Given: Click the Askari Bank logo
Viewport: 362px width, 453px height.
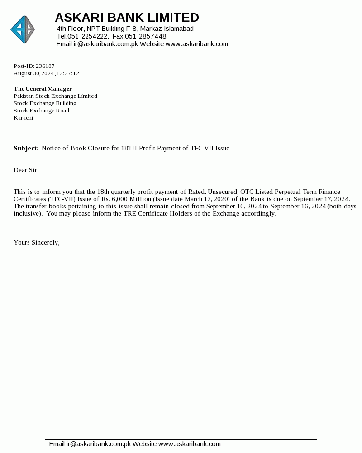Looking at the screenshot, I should (x=23, y=29).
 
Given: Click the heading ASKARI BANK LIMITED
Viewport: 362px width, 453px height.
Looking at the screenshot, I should (x=127, y=18).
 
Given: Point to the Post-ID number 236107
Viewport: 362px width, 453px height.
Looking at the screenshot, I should (x=45, y=66).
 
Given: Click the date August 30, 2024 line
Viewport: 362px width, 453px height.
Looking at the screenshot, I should (x=46, y=73).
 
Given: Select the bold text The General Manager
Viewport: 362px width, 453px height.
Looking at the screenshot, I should (x=43, y=89).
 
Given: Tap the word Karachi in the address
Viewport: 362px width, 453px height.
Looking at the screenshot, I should (x=23, y=118).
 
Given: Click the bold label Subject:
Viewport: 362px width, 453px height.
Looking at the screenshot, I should (x=26, y=148).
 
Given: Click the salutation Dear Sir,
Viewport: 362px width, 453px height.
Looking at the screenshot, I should (x=26, y=170).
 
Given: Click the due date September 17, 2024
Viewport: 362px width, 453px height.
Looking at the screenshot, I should (x=322, y=199).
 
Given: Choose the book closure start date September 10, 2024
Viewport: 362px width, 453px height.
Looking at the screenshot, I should (x=234, y=206).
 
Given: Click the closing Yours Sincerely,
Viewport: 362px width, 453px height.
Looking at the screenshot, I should (x=37, y=242).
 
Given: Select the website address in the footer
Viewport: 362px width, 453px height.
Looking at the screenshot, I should (x=190, y=444).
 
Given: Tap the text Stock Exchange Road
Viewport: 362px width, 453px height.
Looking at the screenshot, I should (x=41, y=111).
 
